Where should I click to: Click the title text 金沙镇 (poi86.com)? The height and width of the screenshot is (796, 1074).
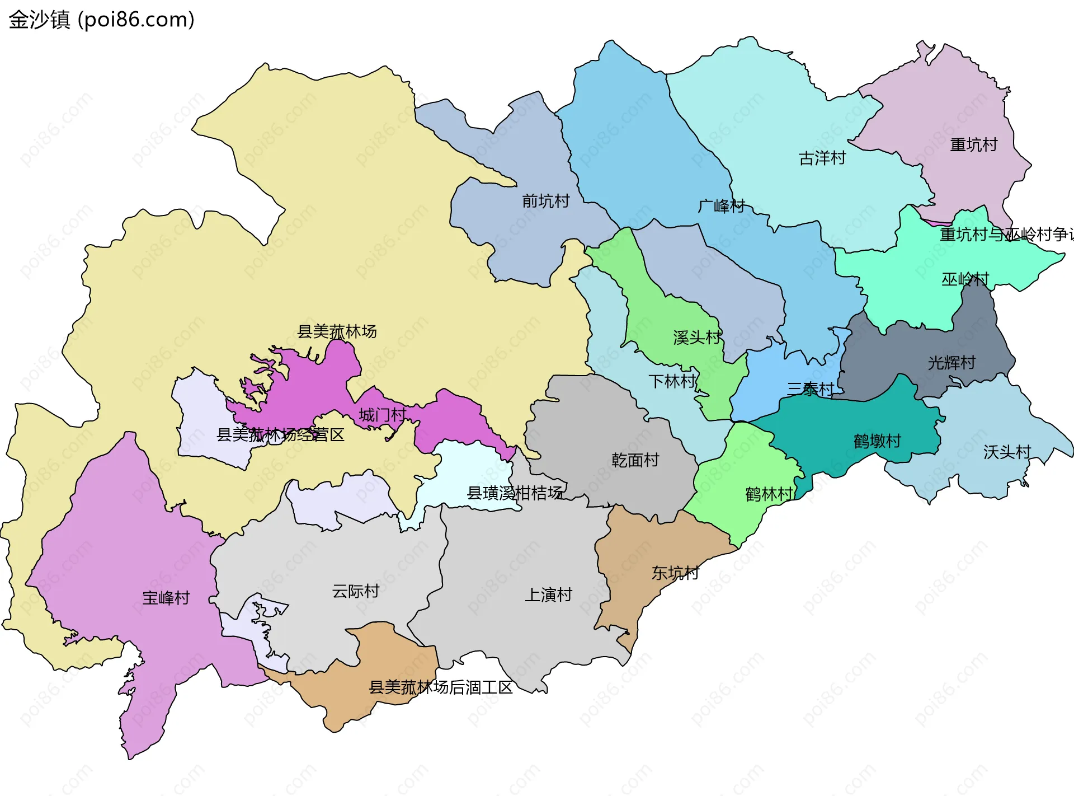click(101, 20)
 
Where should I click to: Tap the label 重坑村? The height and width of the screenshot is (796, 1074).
click(973, 145)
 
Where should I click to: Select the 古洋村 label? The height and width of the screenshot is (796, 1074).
click(822, 158)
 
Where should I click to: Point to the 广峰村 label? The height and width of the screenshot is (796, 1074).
click(721, 206)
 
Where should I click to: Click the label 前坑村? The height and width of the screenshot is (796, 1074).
click(545, 201)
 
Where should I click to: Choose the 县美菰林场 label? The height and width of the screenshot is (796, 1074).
click(337, 331)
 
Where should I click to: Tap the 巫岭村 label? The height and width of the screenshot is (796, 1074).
click(965, 279)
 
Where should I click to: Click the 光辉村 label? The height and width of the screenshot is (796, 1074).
click(951, 363)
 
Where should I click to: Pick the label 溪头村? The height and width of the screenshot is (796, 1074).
click(697, 338)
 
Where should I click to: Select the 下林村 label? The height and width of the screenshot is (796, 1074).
click(672, 382)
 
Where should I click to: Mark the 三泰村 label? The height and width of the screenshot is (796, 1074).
click(811, 388)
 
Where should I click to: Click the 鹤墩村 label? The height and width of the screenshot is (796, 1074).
click(877, 441)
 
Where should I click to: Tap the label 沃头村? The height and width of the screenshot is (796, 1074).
click(1007, 452)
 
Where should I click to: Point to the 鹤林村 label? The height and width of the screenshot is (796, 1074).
click(769, 494)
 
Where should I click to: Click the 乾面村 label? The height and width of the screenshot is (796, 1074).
click(635, 460)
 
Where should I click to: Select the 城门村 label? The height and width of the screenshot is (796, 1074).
click(383, 415)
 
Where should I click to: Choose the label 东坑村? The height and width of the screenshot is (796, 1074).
click(675, 573)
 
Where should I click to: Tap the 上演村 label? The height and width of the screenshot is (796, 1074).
click(548, 594)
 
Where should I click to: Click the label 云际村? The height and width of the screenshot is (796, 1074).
click(356, 591)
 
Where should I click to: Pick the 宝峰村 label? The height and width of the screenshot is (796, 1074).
click(166, 598)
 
